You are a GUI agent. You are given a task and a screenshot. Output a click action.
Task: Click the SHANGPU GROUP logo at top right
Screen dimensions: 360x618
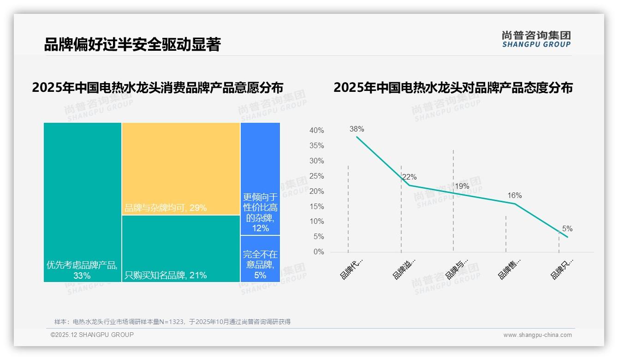pos(536,39)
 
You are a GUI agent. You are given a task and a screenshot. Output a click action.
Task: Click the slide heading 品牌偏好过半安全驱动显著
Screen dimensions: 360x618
pos(132,44)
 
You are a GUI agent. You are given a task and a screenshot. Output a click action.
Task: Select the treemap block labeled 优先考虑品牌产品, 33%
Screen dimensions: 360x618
pos(83,202)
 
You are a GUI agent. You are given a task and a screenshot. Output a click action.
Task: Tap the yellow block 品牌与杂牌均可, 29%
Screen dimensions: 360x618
pos(181,168)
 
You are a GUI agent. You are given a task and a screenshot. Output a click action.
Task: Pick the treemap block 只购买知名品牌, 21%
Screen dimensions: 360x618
pos(181,249)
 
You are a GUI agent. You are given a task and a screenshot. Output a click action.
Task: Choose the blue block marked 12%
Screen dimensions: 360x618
pos(260,179)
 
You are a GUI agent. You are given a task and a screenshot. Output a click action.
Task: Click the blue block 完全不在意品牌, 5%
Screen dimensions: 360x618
pos(260,259)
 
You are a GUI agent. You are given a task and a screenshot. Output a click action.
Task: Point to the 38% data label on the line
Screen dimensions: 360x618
pos(357,129)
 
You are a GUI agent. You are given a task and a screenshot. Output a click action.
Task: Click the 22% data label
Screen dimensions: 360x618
pos(409,177)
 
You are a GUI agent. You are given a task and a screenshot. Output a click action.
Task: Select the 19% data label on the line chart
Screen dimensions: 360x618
pos(462,186)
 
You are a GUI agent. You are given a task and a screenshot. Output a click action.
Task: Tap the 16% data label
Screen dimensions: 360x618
pos(514,195)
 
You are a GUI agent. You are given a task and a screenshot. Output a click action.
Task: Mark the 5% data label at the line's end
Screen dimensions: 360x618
pos(567,228)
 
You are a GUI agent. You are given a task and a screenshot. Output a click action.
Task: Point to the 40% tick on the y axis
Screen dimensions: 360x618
pos(316,131)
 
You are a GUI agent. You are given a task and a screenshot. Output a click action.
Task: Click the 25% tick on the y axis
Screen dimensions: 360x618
pos(316,176)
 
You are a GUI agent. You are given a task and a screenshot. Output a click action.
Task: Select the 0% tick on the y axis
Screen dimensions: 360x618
pos(319,252)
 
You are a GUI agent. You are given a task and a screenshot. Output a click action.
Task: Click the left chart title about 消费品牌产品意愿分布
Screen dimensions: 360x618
pos(158,88)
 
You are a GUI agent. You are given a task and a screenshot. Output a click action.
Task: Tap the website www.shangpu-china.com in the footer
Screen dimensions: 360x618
pos(537,335)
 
